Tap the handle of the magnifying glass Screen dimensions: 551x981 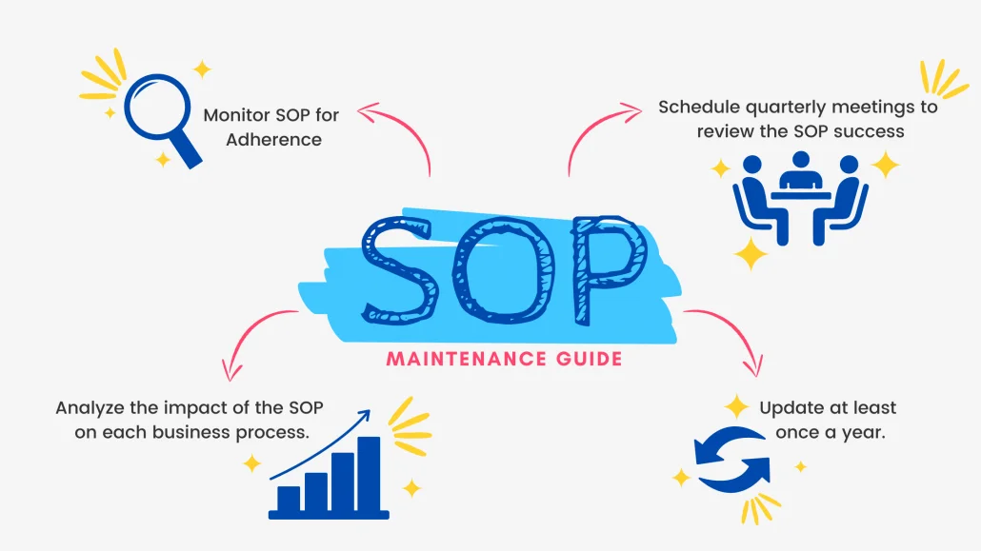pos(187,151)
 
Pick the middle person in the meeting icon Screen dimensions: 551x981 pos(801,170)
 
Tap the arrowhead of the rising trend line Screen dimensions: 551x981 pos(366,416)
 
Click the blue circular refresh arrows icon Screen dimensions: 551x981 pos(732,460)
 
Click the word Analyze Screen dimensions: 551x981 pos(90,408)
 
